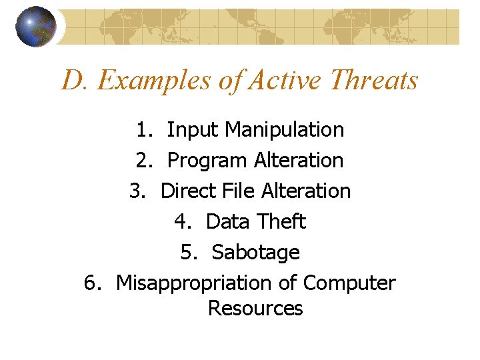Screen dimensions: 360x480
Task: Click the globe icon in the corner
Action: click(x=36, y=27)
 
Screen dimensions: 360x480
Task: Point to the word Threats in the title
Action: click(x=373, y=81)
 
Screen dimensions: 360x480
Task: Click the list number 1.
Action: click(x=143, y=129)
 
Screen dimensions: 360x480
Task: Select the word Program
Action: click(x=207, y=160)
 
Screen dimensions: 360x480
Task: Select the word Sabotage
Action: click(x=255, y=253)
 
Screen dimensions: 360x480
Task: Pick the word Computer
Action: click(x=349, y=283)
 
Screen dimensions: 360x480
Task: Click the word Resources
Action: click(x=255, y=309)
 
